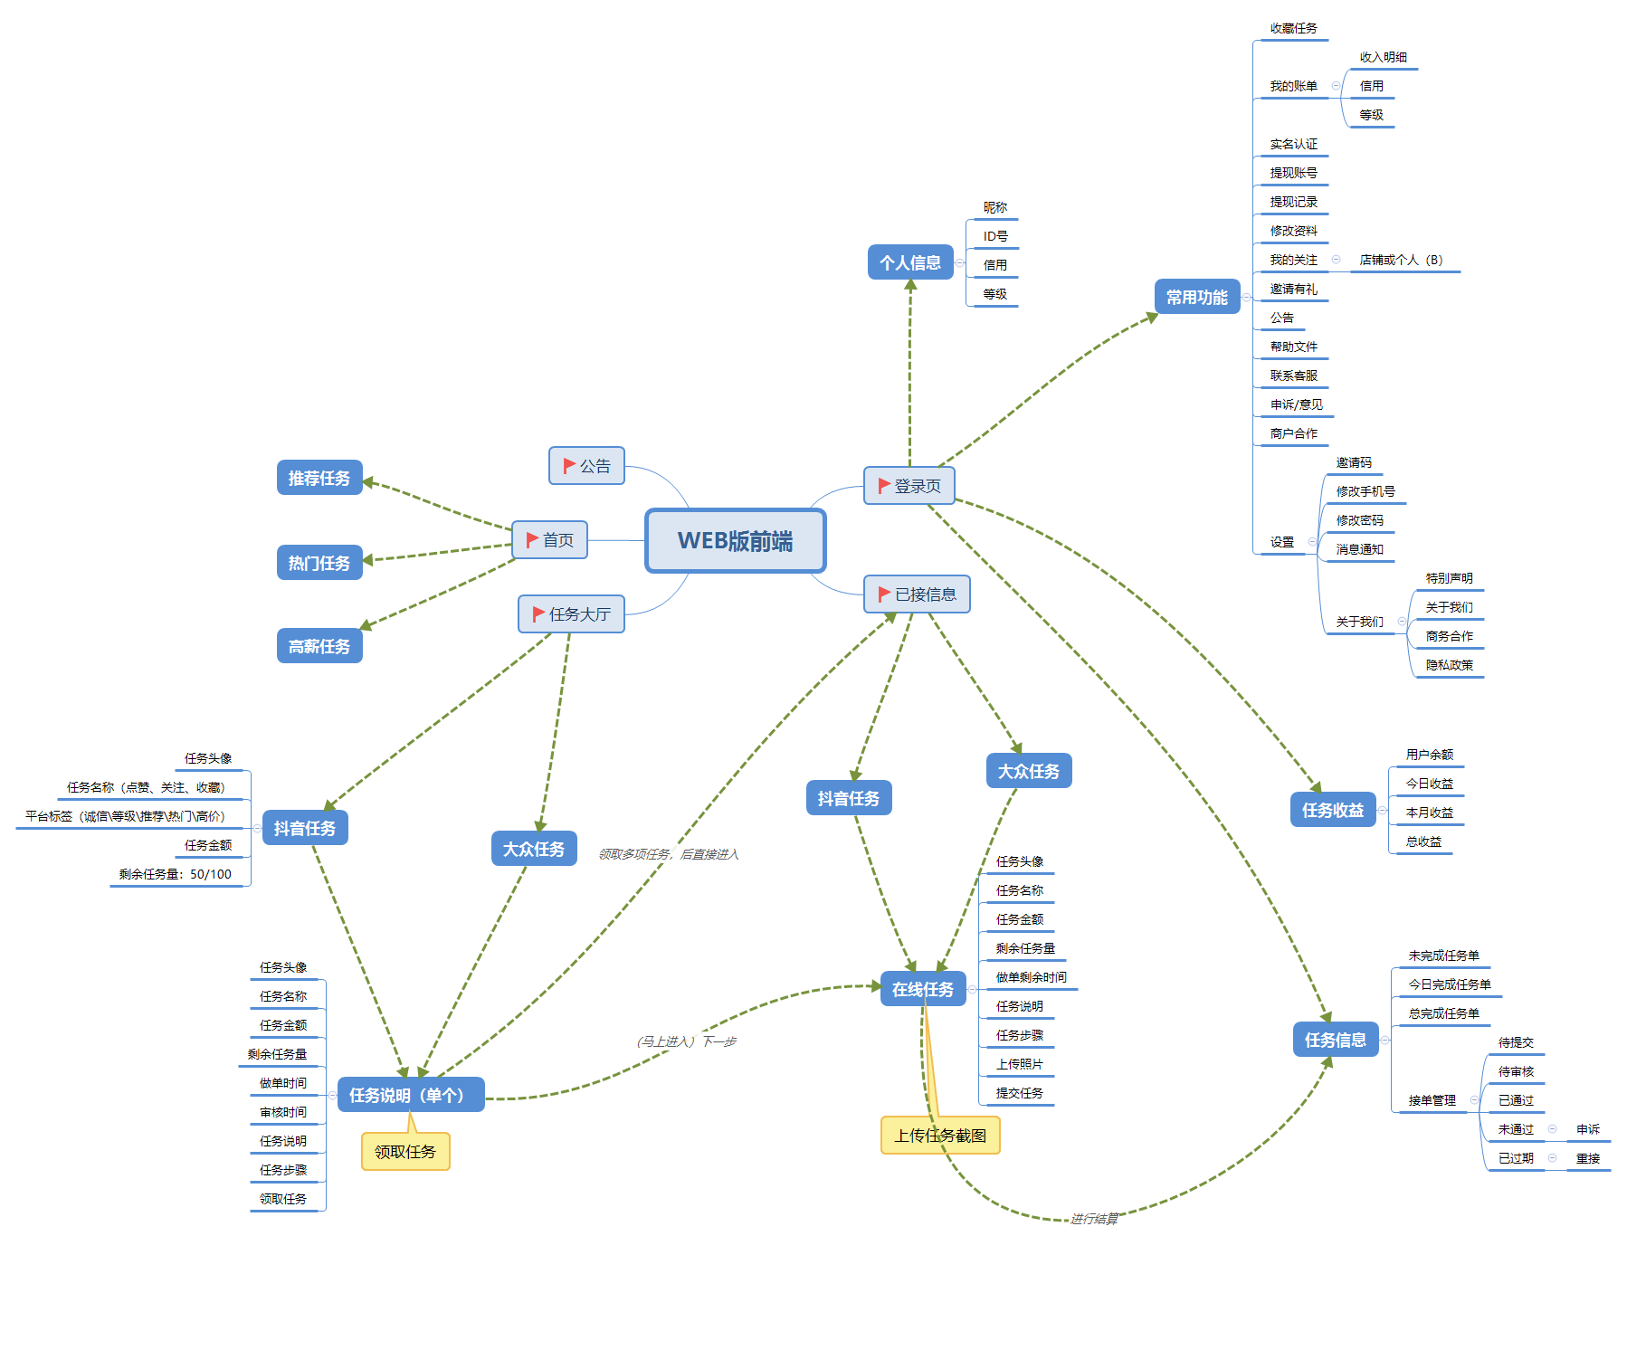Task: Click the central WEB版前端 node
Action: point(735,540)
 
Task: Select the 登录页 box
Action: point(909,486)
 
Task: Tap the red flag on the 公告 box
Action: point(569,465)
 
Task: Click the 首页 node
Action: point(550,540)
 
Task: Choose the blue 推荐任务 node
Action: point(319,478)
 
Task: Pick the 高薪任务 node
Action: point(319,646)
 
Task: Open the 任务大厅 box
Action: point(571,614)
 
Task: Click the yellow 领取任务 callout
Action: point(405,1152)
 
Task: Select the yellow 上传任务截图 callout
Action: point(940,1136)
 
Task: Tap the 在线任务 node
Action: point(923,989)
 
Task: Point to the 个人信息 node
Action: point(910,262)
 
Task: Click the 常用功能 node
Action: point(1196,297)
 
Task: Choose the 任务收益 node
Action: point(1333,810)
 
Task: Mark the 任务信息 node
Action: point(1336,1040)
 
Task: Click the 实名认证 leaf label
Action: point(1293,144)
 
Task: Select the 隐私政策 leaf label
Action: point(1449,664)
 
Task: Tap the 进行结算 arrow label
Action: point(1094,1219)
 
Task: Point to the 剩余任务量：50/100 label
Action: point(176,874)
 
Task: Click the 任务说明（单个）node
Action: point(411,1095)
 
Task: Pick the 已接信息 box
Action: point(917,594)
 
